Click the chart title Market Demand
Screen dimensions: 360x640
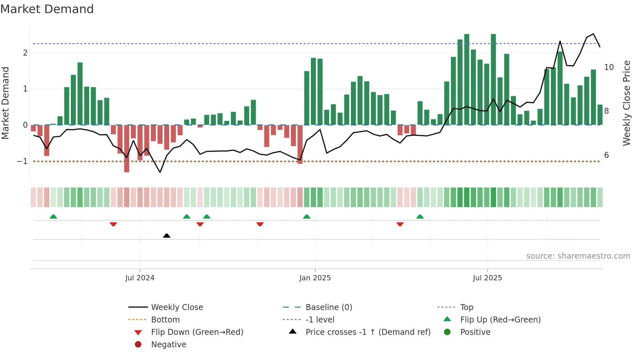(47, 9)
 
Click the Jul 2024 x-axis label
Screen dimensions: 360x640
(140, 278)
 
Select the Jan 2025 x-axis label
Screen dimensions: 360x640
(315, 278)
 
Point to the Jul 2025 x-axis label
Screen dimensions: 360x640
(487, 278)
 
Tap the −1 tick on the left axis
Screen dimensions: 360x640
(22, 161)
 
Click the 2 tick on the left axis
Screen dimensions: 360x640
(25, 53)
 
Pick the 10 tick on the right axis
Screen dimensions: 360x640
(609, 67)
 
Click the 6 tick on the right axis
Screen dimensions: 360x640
(606, 155)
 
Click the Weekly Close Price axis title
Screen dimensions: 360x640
(626, 103)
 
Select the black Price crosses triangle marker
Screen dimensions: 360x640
(167, 236)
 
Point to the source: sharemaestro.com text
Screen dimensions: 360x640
(578, 256)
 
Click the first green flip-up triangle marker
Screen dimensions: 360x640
(53, 217)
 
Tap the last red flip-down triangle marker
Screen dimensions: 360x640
(400, 224)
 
